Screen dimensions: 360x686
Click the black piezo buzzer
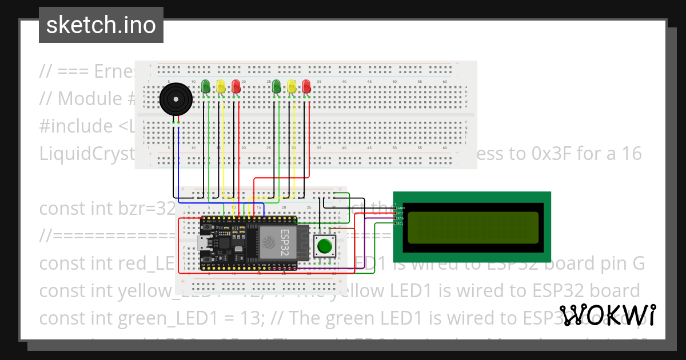click(174, 100)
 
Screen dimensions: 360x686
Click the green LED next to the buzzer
click(206, 86)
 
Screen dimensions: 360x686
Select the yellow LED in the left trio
click(221, 86)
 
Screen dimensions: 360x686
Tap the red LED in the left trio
click(236, 86)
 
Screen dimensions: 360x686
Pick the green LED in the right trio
click(277, 86)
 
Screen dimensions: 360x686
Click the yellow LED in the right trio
click(292, 86)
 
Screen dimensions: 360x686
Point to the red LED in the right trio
click(306, 86)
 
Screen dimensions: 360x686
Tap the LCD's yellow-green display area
click(472, 226)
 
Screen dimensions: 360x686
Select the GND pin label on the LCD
click(400, 208)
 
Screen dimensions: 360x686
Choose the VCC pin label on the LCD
click(400, 213)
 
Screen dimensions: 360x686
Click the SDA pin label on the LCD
click(400, 218)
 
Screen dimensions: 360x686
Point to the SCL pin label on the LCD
click(400, 223)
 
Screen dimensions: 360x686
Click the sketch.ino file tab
click(101, 25)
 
